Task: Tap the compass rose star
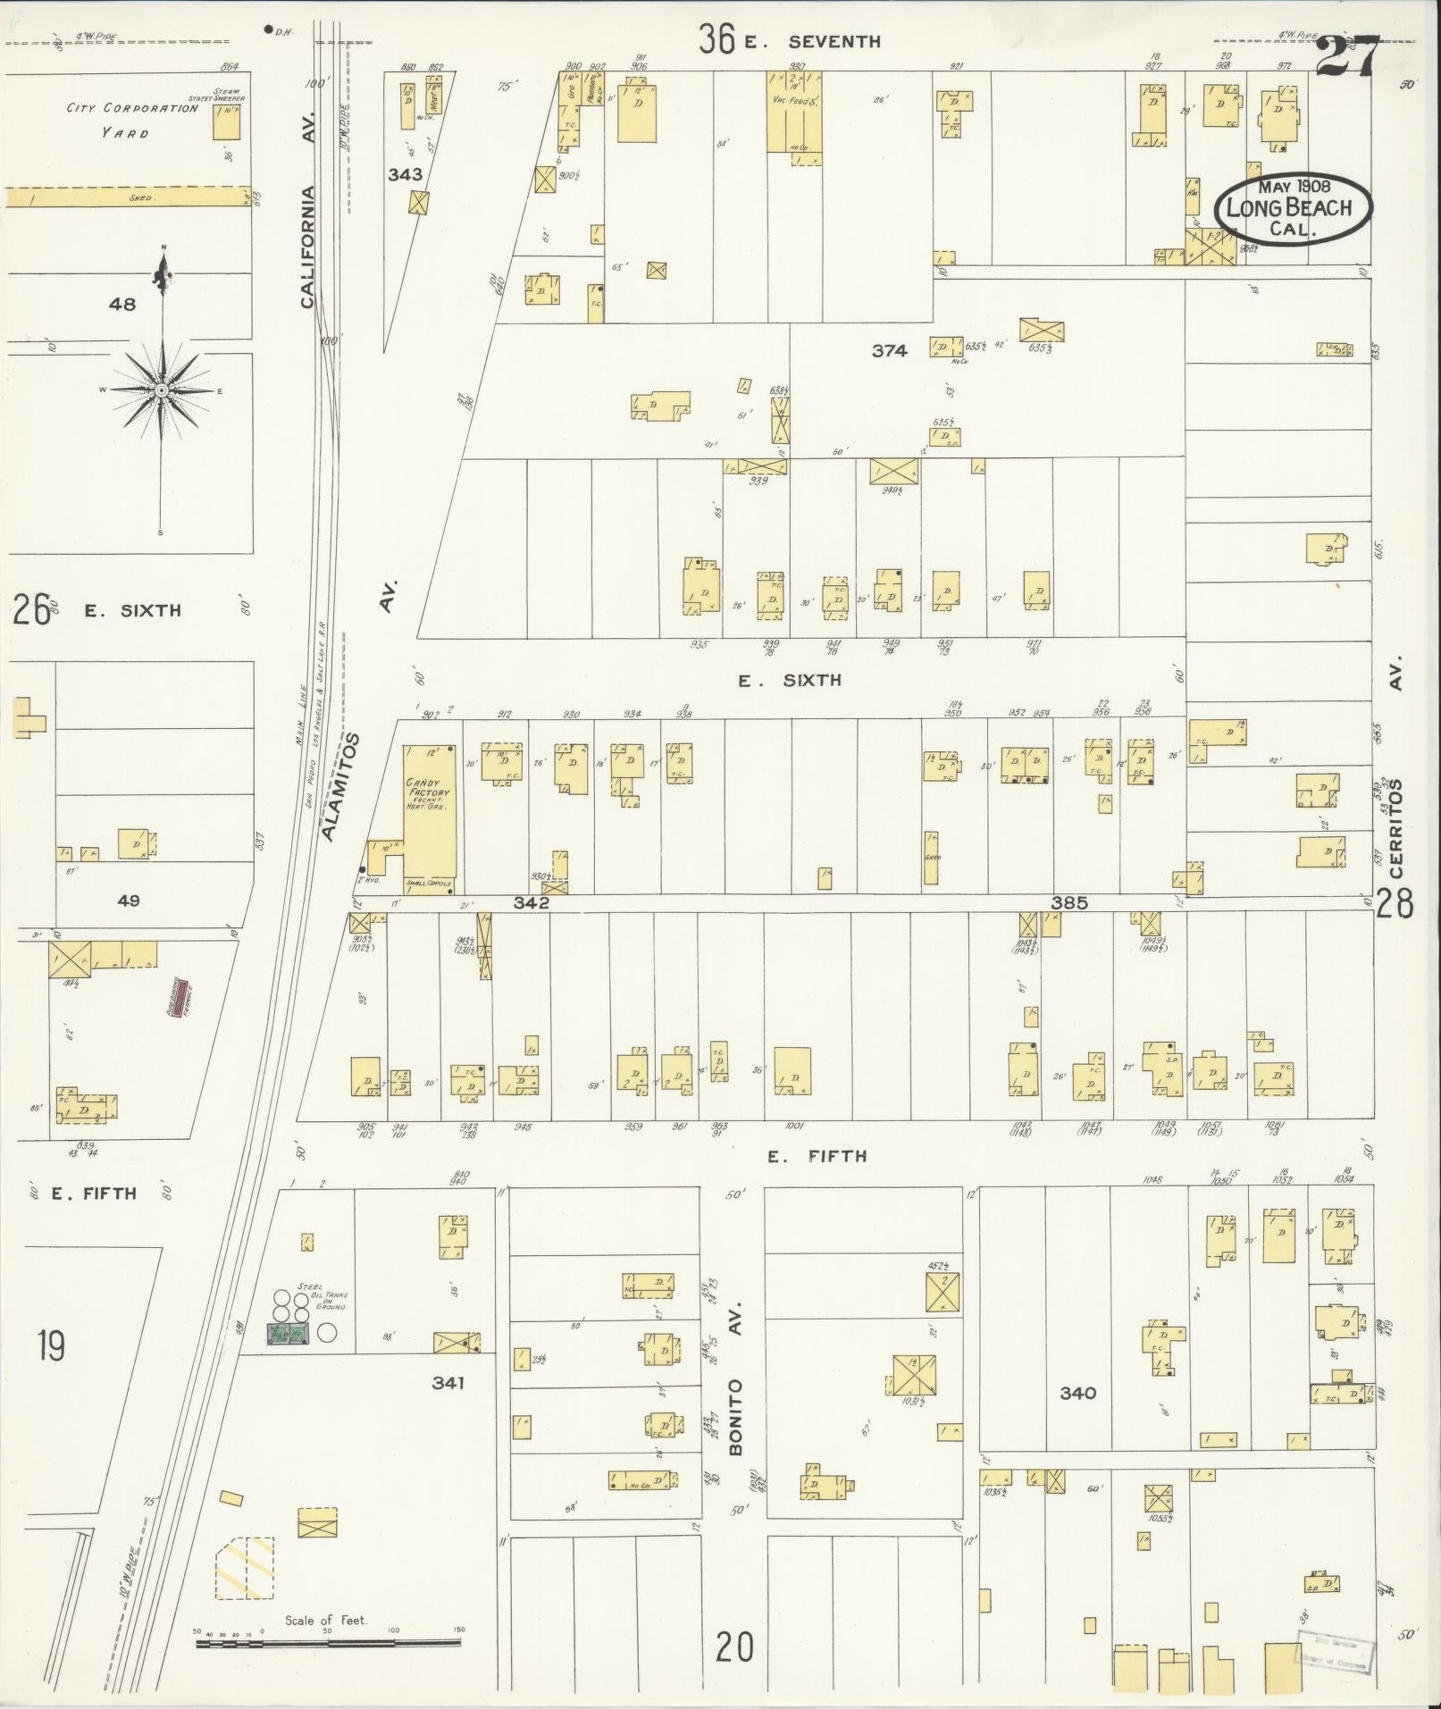click(162, 391)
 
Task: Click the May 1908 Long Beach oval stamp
click(1294, 206)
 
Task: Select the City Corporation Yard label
click(132, 120)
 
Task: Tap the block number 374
click(889, 351)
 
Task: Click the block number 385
click(1068, 902)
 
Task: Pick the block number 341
click(448, 1383)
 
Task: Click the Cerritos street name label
click(1396, 826)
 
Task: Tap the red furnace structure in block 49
click(182, 997)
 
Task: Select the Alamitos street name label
click(339, 787)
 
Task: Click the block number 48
click(121, 304)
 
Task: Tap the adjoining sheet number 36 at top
click(717, 39)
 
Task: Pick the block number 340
click(1077, 1392)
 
